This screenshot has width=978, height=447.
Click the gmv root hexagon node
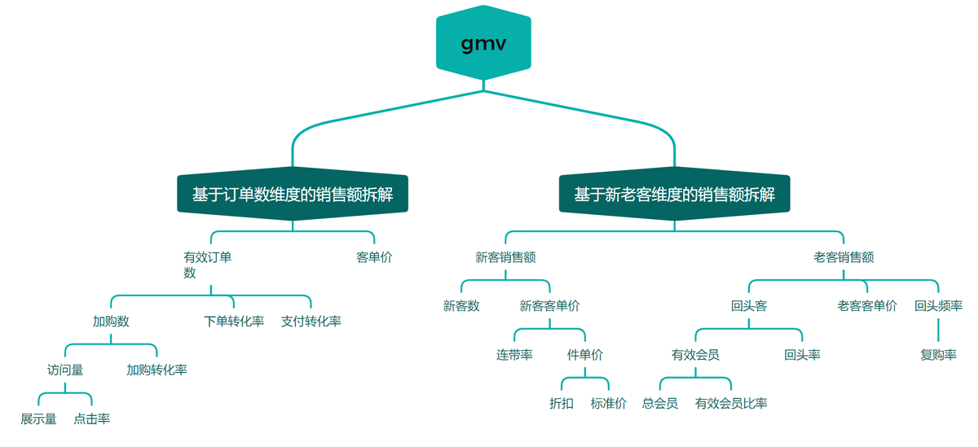483,43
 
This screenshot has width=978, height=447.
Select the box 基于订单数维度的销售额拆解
292,195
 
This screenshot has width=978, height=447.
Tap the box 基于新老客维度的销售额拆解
674,195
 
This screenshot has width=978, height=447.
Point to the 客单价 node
374,257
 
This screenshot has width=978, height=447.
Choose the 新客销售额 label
505,257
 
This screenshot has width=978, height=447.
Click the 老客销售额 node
844,257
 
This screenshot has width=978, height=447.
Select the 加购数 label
111,321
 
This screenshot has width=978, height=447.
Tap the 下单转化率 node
234,321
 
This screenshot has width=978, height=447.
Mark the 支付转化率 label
311,321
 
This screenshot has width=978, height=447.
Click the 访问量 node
65,370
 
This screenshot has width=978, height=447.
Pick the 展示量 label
38,419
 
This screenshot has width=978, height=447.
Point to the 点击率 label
91,419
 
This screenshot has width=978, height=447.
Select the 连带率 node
514,355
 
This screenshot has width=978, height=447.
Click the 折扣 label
562,403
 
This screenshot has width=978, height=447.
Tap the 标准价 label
608,403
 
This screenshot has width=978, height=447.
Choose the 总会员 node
659,403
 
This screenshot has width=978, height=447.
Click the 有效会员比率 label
731,403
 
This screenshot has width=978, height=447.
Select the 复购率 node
938,355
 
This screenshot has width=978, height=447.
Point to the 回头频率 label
938,306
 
